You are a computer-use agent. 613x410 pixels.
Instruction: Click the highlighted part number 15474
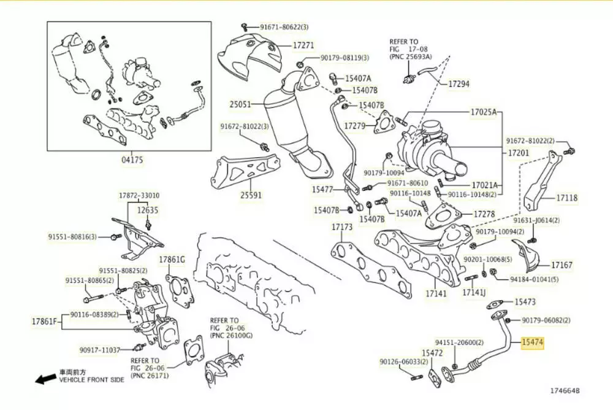pyautogui.click(x=531, y=342)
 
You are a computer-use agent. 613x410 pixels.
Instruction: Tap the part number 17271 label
pyautogui.click(x=303, y=45)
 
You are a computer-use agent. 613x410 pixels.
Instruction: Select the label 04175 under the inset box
pyautogui.click(x=132, y=161)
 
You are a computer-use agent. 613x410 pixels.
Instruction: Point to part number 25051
pyautogui.click(x=241, y=105)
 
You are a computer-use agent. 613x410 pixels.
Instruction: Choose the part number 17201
pyautogui.click(x=519, y=151)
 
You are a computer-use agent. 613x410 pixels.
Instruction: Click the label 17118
pyautogui.click(x=567, y=198)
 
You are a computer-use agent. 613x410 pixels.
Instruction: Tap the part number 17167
pyautogui.click(x=562, y=265)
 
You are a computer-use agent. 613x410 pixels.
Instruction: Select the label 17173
pyautogui.click(x=342, y=227)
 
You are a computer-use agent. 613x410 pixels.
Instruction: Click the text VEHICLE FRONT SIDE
pyautogui.click(x=91, y=380)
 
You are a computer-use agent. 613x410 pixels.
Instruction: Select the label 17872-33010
pyautogui.click(x=139, y=196)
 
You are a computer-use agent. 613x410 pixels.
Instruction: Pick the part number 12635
pyautogui.click(x=147, y=210)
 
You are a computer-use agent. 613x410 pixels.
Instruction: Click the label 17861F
pyautogui.click(x=44, y=321)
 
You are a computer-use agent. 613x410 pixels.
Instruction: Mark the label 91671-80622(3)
pyautogui.click(x=284, y=27)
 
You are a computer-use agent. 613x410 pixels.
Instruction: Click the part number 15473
pyautogui.click(x=525, y=302)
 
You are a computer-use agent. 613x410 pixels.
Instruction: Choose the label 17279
pyautogui.click(x=354, y=126)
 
